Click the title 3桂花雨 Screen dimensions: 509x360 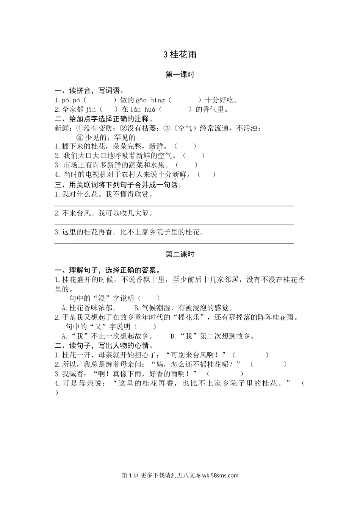click(x=180, y=55)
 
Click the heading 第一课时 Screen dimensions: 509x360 click(x=180, y=75)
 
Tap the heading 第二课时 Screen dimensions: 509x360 click(x=180, y=254)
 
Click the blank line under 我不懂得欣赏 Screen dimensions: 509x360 click(x=174, y=206)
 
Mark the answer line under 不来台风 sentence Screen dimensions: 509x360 click(x=174, y=225)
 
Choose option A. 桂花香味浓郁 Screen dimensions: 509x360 click(x=89, y=308)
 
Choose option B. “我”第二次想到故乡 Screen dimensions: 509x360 click(x=212, y=336)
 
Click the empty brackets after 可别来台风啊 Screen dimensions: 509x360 click(x=250, y=355)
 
